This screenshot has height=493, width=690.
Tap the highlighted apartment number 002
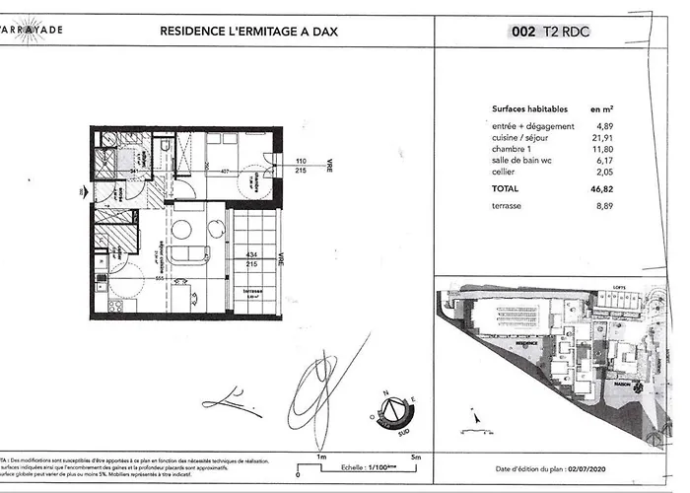[x=523, y=31]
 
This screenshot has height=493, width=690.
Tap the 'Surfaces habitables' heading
[x=523, y=110]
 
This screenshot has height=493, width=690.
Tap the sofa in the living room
[x=186, y=255]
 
